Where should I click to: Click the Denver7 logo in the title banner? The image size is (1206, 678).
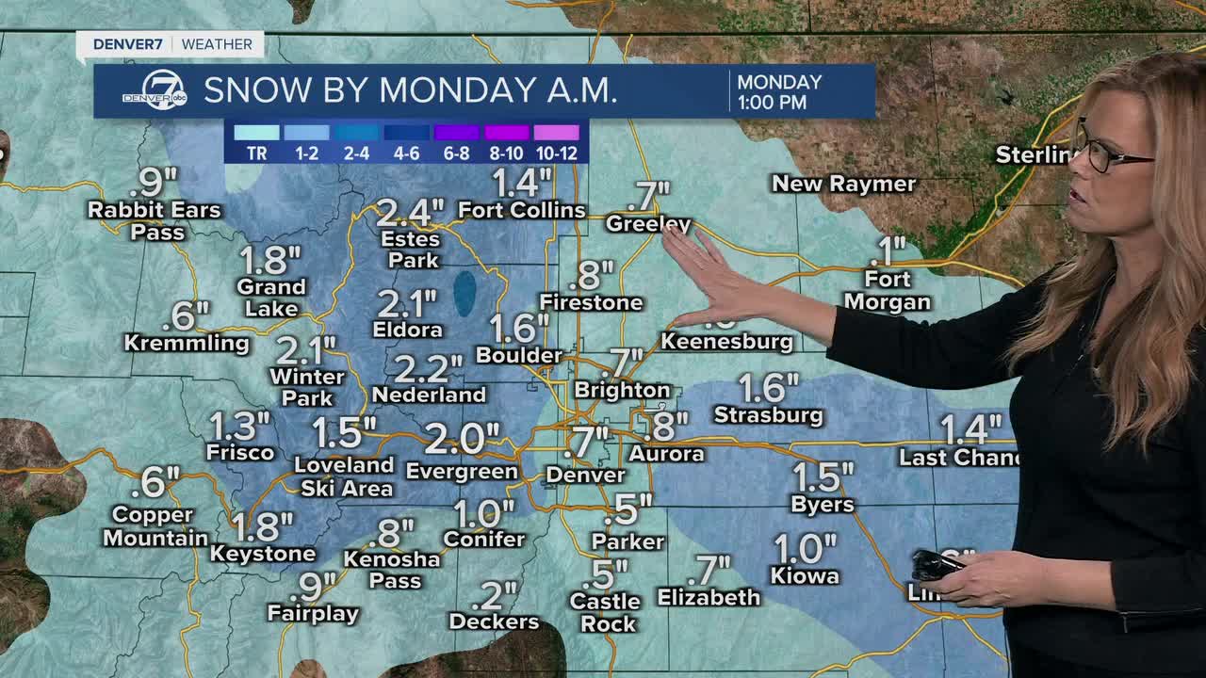tap(154, 91)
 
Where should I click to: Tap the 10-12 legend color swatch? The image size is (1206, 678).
tap(557, 133)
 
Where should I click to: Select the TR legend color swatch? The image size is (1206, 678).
tap(256, 133)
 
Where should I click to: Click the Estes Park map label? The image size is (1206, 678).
tap(411, 250)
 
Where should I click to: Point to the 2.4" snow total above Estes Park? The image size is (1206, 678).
tap(410, 213)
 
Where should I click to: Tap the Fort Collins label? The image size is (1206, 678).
tap(521, 210)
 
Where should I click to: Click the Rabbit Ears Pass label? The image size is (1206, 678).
tap(155, 220)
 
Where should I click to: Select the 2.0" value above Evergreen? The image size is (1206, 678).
tap(462, 438)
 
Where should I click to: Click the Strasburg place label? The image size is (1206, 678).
tap(768, 414)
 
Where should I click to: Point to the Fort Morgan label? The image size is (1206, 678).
tap(887, 291)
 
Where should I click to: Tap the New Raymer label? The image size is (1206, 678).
tap(843, 184)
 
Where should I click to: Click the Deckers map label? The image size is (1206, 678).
tap(494, 621)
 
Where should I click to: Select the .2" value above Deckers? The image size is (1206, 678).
tap(493, 594)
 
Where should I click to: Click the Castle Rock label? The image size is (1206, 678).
tap(605, 612)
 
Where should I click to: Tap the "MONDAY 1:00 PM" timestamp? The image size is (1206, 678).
tap(778, 92)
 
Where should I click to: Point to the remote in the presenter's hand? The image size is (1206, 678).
tap(936, 564)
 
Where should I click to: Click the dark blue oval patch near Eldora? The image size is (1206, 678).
tap(464, 293)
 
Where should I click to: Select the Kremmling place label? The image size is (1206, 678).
tap(187, 344)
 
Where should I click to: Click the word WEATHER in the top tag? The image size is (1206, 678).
tap(217, 44)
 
